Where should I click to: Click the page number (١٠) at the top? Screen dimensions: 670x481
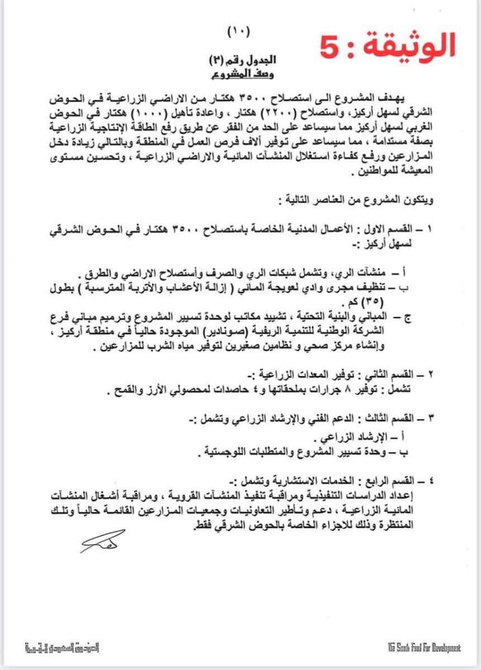click(x=240, y=33)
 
